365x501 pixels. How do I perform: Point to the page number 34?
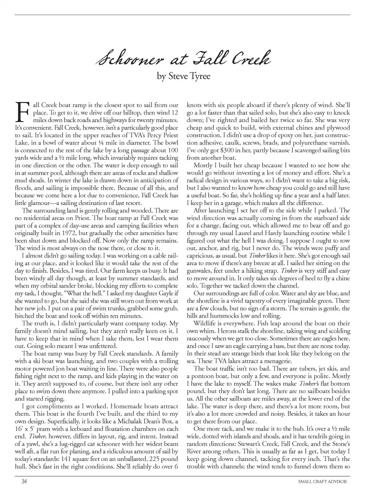(24, 482)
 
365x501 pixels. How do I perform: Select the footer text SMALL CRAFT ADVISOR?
(323, 482)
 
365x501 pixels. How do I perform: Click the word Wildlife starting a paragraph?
(205, 323)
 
